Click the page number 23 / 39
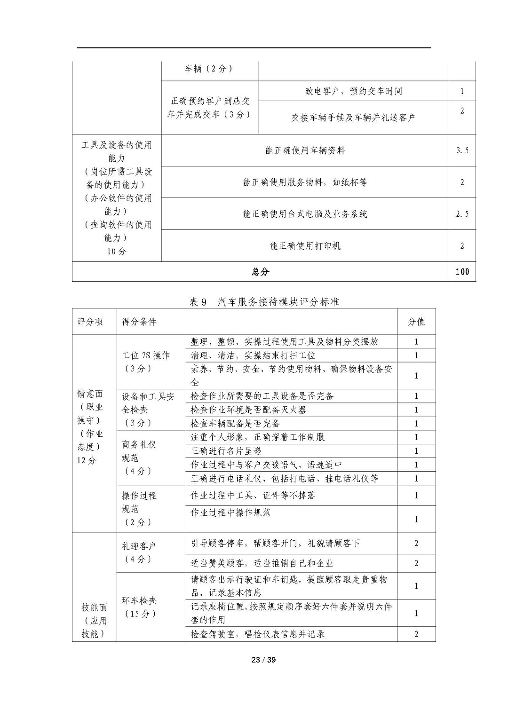pos(263,660)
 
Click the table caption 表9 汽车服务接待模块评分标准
pos(264,302)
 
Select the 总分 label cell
pos(260,272)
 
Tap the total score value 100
pos(462,272)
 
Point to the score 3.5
pos(462,150)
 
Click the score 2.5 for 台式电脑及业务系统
pos(462,214)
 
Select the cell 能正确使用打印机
pos(305,246)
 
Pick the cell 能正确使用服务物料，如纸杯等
pos(305,182)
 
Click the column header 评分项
pos(90,322)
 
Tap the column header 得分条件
pos(139,322)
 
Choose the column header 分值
pos(416,322)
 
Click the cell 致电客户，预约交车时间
pos(353,91)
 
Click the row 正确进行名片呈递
pos(226,451)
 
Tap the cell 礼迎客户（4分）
pos(139,552)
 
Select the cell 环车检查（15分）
pos(139,607)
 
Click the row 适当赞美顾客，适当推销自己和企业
pos(262,563)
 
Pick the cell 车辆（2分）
pos(209,69)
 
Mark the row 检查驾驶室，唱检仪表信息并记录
pos(258,634)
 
